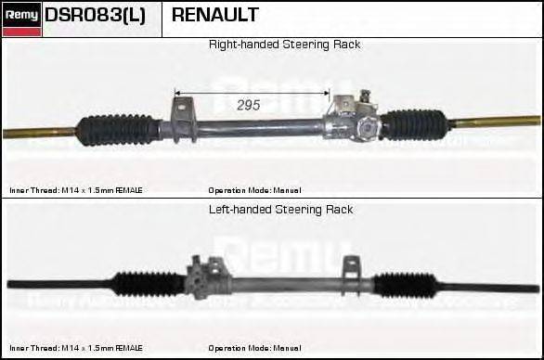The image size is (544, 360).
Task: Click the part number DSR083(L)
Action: [95, 16]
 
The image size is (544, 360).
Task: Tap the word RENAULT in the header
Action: [214, 16]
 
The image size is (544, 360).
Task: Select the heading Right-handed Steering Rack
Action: [284, 45]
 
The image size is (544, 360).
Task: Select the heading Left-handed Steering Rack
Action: [280, 210]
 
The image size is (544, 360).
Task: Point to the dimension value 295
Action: [248, 105]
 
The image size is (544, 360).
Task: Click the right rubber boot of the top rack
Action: [416, 124]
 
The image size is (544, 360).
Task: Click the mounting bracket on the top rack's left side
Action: [181, 117]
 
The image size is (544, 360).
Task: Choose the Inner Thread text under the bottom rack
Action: [76, 347]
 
